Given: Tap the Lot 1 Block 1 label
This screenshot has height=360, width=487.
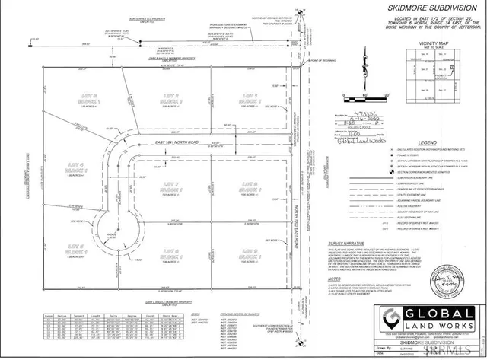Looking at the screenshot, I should [250, 97].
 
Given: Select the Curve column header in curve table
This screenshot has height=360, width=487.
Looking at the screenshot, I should [48, 311].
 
